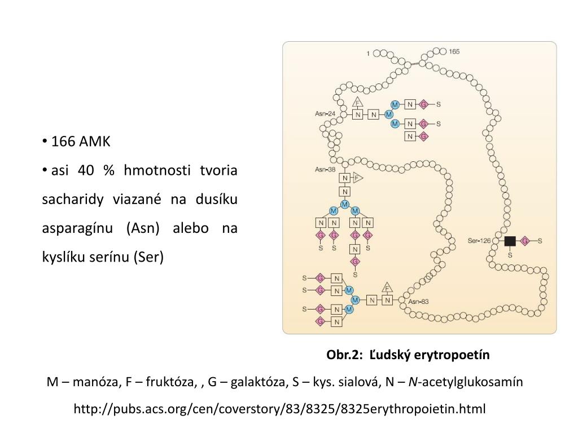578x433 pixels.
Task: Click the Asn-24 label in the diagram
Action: pos(325,114)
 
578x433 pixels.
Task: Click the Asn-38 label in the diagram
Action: pos(325,169)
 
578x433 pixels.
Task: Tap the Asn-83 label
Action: pos(418,301)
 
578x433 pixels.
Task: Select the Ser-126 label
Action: pos(479,241)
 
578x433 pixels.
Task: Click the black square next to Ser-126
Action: pos(510,241)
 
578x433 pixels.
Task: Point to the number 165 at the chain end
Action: pos(454,52)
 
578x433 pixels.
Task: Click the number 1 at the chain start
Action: pos(368,54)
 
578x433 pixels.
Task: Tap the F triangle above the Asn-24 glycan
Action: pos(357,102)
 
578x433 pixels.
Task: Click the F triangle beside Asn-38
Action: pos(357,178)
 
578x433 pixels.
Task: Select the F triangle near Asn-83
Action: pos(387,288)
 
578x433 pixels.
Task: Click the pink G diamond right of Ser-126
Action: pos(524,241)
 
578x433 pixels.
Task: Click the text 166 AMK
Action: pos(81,141)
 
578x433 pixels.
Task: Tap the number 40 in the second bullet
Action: pos(86,170)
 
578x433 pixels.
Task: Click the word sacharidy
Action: pos(65,199)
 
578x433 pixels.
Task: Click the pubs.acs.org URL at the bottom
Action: pos(279,408)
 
